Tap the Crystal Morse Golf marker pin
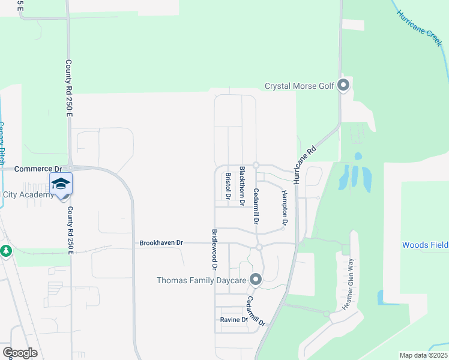[343, 85]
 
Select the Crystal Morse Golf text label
[299, 86]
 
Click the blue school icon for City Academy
[61, 184]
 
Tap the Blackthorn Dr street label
[242, 187]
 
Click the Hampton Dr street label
[284, 207]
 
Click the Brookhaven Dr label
[160, 243]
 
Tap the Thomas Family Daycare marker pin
[256, 280]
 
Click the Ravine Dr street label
[234, 320]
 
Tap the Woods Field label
[424, 245]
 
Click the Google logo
[20, 352]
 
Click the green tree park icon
[6, 250]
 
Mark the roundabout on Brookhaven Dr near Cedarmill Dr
[259, 247]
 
